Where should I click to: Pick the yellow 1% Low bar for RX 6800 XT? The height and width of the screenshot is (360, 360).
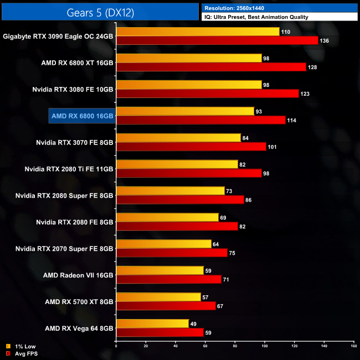[189, 58]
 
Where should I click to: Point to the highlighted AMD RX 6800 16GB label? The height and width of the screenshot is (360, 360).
[82, 116]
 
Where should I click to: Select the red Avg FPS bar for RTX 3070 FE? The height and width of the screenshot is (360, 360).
[191, 147]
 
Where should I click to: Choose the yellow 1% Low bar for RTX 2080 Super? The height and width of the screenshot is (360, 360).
[170, 191]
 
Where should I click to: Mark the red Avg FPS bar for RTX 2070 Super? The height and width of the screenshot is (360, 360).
[172, 253]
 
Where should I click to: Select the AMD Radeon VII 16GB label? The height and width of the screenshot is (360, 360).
[78, 275]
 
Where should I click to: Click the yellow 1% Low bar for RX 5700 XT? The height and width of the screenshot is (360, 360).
[158, 297]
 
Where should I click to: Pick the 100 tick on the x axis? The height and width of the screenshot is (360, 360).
[264, 347]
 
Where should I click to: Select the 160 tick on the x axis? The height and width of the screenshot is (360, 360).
[353, 347]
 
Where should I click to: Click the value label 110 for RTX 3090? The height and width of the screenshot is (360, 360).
[286, 32]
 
